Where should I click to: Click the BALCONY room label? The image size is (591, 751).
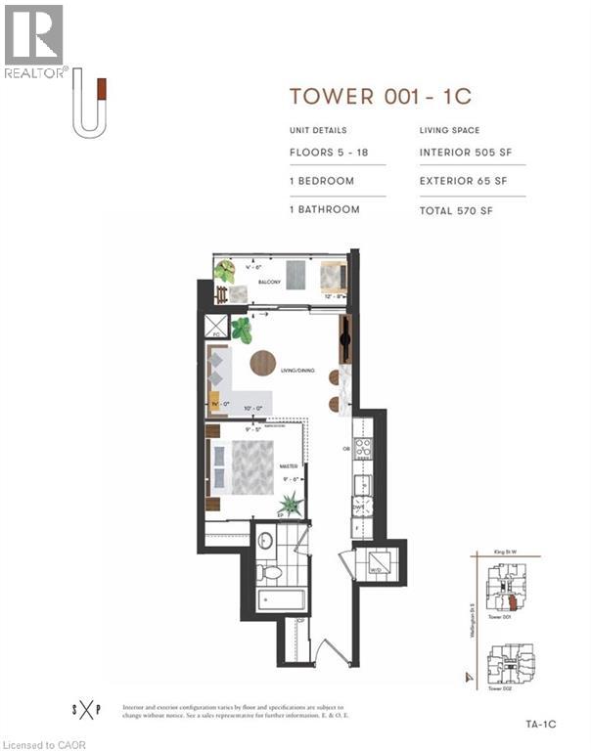pyautogui.click(x=269, y=283)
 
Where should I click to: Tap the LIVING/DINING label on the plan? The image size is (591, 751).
pyautogui.click(x=299, y=370)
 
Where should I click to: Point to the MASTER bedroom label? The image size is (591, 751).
pyautogui.click(x=288, y=466)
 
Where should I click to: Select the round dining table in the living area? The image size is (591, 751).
pyautogui.click(x=262, y=363)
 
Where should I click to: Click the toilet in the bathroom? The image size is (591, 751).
pyautogui.click(x=271, y=571)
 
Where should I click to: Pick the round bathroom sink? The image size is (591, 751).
pyautogui.click(x=264, y=537)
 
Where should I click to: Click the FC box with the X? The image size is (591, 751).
pyautogui.click(x=214, y=327)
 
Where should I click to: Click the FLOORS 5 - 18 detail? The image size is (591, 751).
pyautogui.click(x=329, y=153)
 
